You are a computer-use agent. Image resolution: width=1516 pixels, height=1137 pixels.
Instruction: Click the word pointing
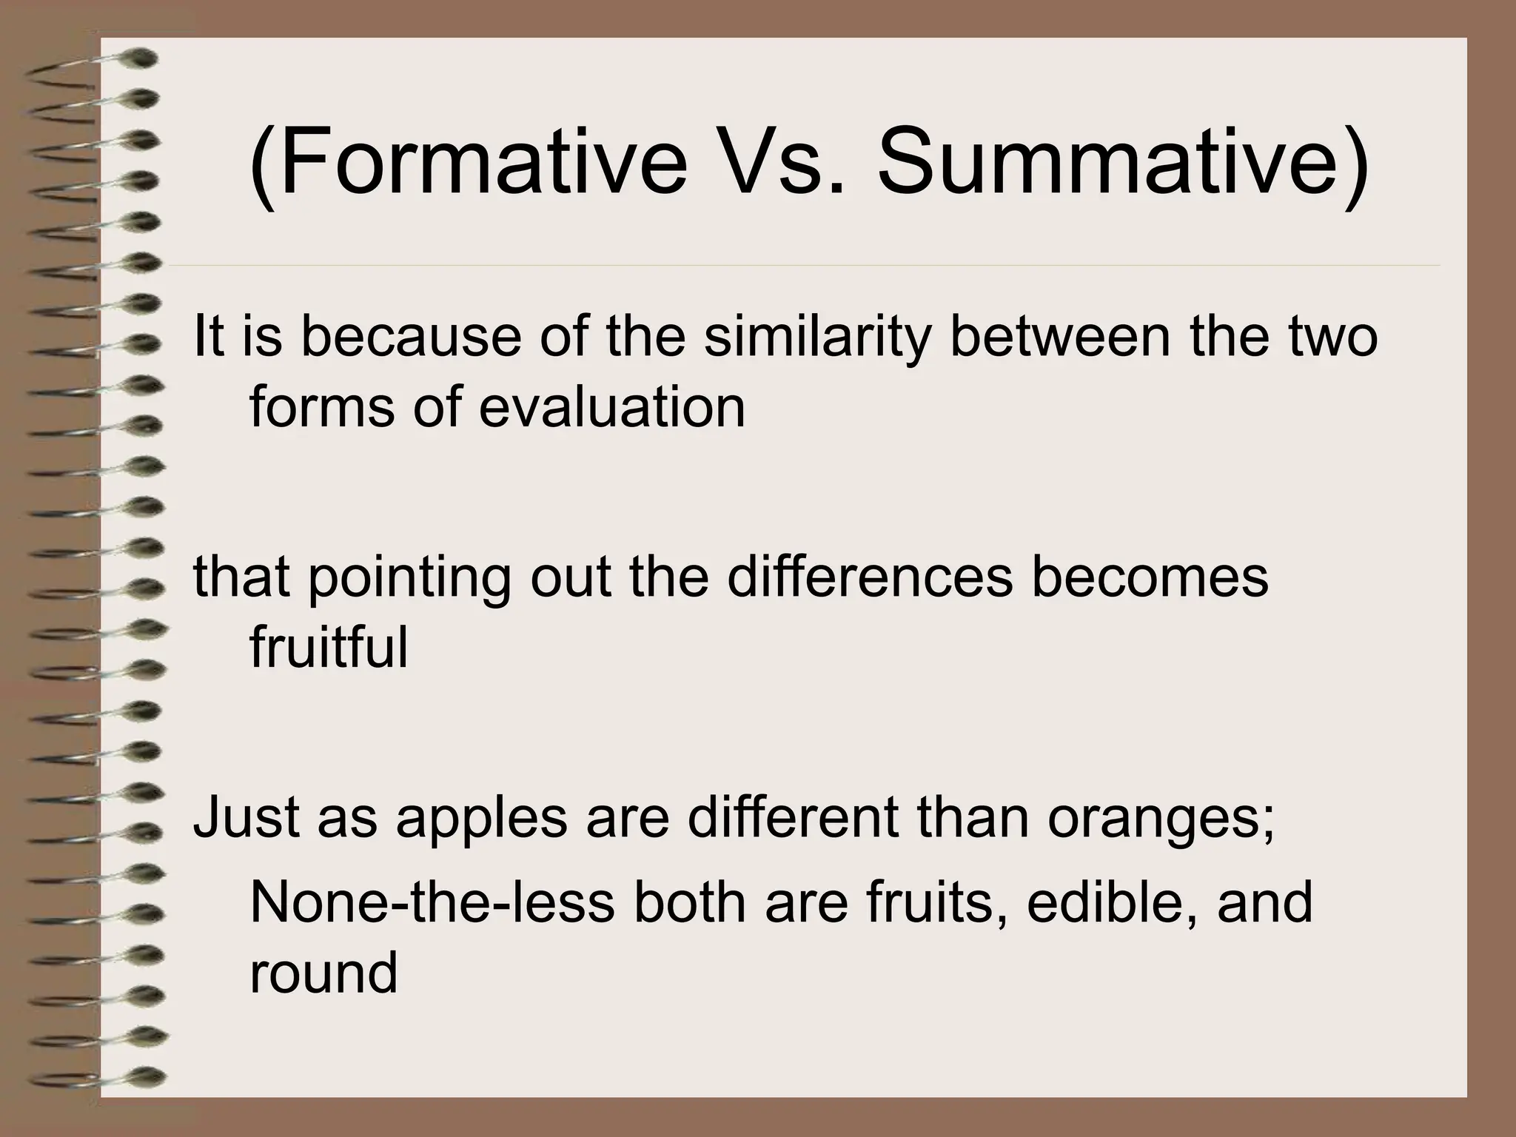409,579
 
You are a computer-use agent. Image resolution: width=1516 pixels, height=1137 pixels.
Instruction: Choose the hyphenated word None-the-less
432,903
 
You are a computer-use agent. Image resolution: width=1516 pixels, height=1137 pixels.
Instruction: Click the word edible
1111,903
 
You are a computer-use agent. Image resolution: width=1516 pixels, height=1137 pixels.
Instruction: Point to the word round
323,974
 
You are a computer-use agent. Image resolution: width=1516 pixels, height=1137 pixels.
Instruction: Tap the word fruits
936,903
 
